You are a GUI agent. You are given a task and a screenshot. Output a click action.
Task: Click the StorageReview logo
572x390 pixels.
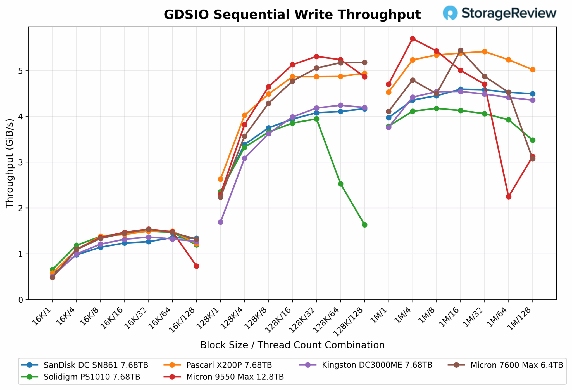tap(499, 13)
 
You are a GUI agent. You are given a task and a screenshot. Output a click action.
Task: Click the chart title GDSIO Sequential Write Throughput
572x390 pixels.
tap(292, 15)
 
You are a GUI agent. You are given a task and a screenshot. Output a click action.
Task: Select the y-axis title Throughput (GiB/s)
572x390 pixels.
tap(10, 163)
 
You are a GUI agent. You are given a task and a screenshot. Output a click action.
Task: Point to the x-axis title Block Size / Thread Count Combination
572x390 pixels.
tap(292, 345)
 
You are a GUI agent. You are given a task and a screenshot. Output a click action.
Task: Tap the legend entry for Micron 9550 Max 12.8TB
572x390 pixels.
tap(235, 377)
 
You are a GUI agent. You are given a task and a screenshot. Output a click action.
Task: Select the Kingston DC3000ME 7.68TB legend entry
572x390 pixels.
tap(377, 365)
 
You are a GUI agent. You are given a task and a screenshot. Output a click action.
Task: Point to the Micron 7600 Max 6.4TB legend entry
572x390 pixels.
tap(516, 365)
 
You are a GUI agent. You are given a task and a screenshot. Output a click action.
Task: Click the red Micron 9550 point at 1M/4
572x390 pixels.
tap(413, 39)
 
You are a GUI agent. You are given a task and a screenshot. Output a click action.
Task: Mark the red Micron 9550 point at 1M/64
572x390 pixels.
tap(509, 197)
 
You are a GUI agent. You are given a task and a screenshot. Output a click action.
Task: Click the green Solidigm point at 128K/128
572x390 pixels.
tap(364, 225)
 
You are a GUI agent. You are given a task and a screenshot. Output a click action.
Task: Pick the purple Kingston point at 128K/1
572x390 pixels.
tap(220, 222)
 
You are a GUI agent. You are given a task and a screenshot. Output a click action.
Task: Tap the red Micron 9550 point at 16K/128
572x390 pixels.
tap(196, 266)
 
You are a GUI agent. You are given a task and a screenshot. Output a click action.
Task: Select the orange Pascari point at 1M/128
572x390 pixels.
tap(533, 70)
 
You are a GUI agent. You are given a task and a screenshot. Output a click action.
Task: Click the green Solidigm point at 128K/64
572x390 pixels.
tap(340, 184)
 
